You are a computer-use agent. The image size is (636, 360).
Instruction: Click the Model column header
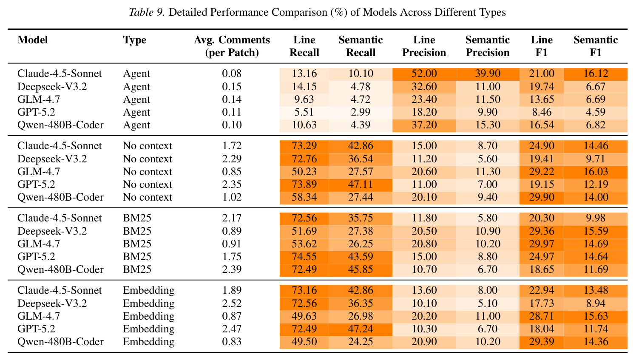pyautogui.click(x=33, y=40)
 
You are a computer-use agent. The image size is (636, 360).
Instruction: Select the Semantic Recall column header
pyautogui.click(x=361, y=46)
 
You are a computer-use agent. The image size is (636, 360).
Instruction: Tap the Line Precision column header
pyautogui.click(x=424, y=46)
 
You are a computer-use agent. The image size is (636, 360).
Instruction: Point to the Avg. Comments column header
pyautogui.click(x=232, y=46)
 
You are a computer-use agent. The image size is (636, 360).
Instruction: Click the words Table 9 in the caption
pyautogui.click(x=147, y=12)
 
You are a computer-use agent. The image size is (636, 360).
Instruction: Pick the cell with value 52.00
pyautogui.click(x=424, y=74)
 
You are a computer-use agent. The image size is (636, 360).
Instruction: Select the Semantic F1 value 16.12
pyautogui.click(x=596, y=74)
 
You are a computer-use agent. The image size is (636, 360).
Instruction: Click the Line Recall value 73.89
pyautogui.click(x=304, y=184)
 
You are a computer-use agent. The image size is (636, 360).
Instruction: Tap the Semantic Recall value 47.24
pyautogui.click(x=361, y=329)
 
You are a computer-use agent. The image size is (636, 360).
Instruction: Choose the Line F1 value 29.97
pyautogui.click(x=542, y=244)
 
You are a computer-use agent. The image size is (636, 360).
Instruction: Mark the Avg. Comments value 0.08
pyautogui.click(x=232, y=74)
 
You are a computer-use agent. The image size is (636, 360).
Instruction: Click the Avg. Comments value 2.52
pyautogui.click(x=232, y=303)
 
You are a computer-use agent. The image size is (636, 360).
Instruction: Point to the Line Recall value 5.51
pyautogui.click(x=304, y=112)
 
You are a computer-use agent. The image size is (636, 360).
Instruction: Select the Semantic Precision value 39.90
pyautogui.click(x=488, y=74)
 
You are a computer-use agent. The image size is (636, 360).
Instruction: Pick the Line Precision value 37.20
pyautogui.click(x=424, y=125)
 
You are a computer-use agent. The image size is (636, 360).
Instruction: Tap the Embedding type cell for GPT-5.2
pyautogui.click(x=148, y=329)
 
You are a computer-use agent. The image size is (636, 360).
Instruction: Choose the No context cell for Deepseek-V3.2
pyautogui.click(x=148, y=159)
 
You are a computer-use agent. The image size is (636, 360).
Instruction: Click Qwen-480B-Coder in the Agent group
pyautogui.click(x=60, y=125)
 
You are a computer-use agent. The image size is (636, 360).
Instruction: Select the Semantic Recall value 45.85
pyautogui.click(x=361, y=269)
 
